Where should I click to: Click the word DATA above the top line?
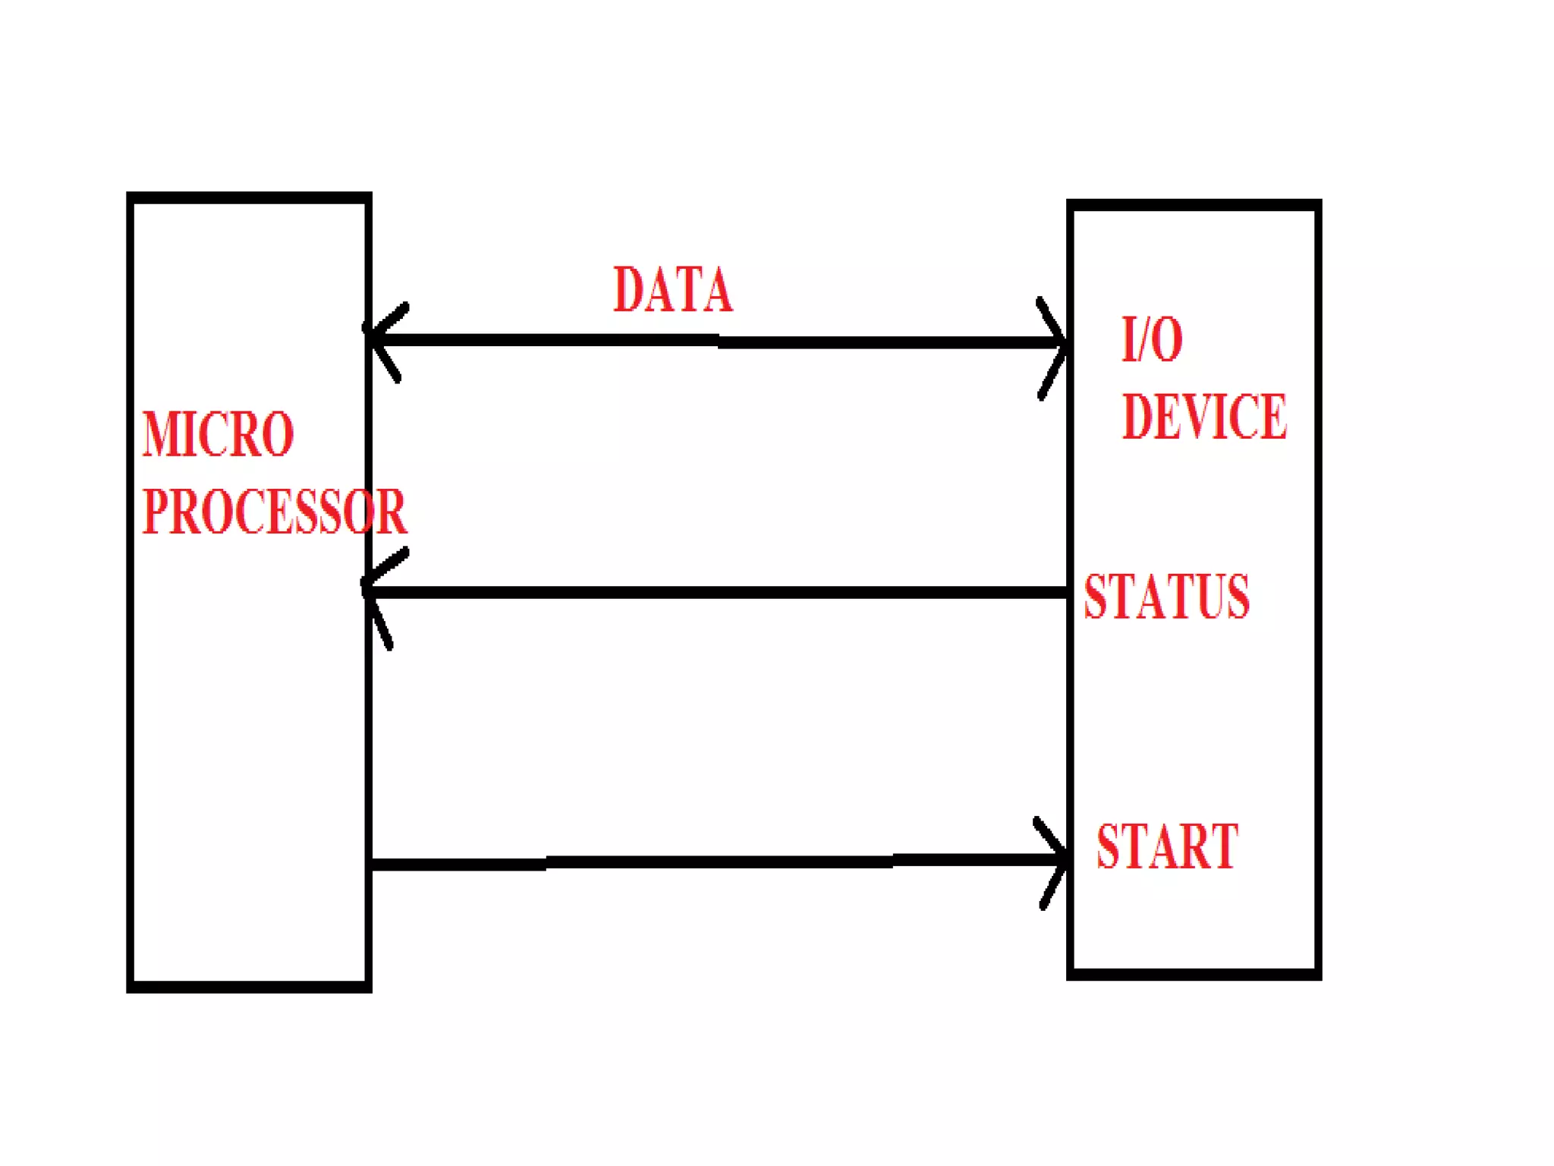coord(672,290)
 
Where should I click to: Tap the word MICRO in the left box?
coord(218,434)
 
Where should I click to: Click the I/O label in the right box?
coord(1152,339)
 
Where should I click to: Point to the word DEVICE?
coord(1204,417)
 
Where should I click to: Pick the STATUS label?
coord(1166,597)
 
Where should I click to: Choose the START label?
coord(1167,846)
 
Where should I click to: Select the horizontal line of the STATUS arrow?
coord(721,592)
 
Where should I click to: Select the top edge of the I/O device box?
coord(1194,206)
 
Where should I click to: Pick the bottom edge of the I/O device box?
coord(1194,974)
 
